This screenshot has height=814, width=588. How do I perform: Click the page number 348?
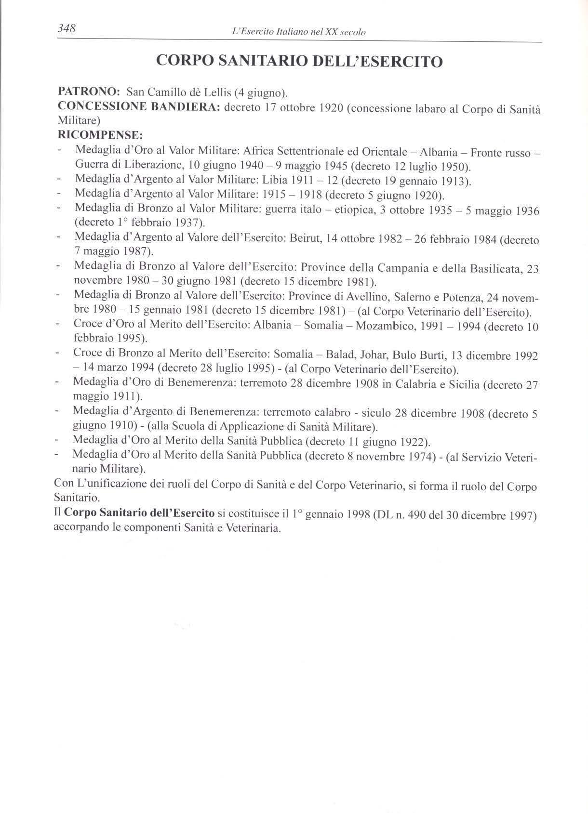[67, 28]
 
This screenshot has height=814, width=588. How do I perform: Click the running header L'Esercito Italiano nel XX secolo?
[299, 32]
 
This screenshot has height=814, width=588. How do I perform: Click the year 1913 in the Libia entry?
[451, 182]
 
